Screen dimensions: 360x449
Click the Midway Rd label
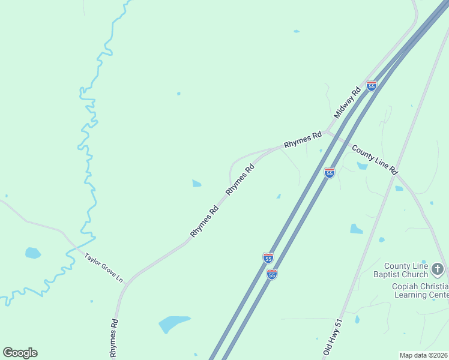[347, 102]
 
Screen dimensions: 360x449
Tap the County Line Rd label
[375, 159]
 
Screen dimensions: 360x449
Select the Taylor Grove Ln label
[103, 267]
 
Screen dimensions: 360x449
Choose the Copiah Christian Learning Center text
[420, 290]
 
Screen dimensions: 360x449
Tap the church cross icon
[438, 269]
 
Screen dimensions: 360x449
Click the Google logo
[20, 353]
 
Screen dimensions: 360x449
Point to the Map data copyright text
[423, 355]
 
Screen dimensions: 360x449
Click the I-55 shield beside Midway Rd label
[372, 86]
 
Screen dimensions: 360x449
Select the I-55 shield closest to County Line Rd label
[329, 172]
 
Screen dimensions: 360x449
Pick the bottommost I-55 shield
[272, 274]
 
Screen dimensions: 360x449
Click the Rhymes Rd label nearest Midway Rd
[303, 140]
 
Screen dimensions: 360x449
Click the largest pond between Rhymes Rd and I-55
[174, 323]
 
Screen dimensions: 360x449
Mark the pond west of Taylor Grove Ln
[32, 253]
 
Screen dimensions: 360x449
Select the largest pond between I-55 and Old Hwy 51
[356, 229]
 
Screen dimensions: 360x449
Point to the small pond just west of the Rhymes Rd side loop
[196, 183]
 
